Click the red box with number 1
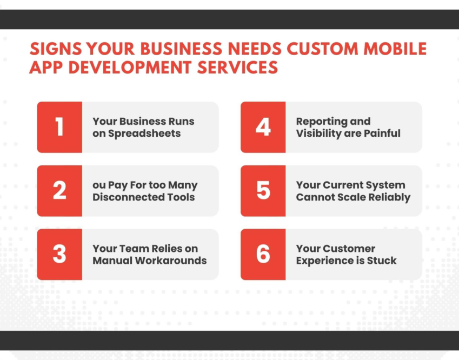point(59,127)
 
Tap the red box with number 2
point(59,191)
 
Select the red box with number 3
point(59,255)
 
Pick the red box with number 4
point(263,127)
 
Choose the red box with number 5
point(263,191)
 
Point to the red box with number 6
point(263,255)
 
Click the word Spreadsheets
point(144,134)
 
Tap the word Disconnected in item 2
point(129,197)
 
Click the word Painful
point(382,133)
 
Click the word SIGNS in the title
point(56,49)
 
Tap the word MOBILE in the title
point(395,49)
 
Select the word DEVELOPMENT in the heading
point(130,68)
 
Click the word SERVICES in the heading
point(237,68)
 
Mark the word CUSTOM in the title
point(322,49)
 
